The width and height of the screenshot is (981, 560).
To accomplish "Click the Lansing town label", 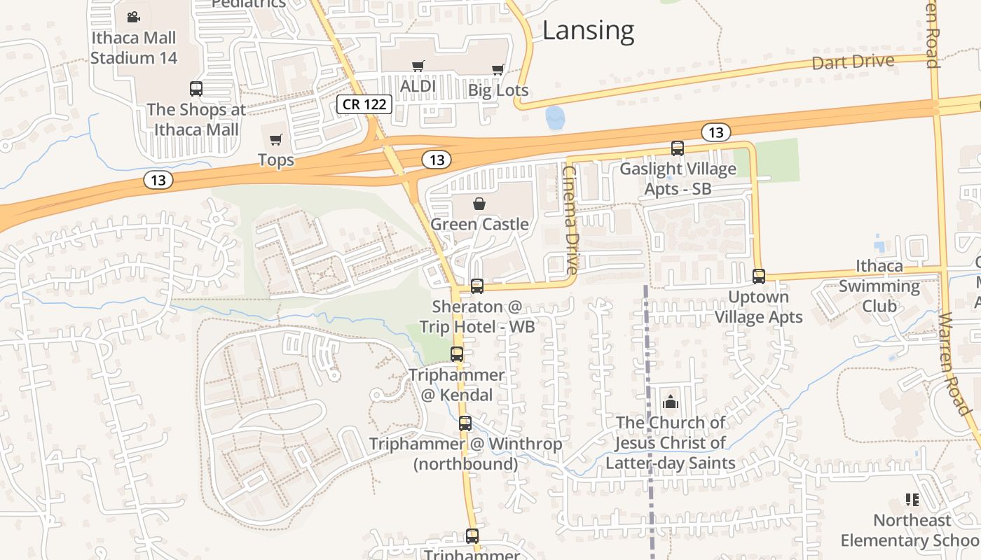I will pos(588,31).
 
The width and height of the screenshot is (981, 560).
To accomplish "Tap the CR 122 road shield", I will pos(364,104).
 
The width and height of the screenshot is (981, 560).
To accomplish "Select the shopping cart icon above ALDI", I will pos(418,66).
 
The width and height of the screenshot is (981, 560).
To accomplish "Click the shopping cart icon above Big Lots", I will pos(498,69).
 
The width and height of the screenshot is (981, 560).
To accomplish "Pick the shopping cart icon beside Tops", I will pos(276,139).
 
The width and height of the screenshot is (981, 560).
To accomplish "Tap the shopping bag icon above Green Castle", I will pos(479,204).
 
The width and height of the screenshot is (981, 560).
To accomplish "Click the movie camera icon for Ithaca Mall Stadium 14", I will pos(133,17).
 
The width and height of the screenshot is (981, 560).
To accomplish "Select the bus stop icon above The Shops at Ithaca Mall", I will pos(196,89).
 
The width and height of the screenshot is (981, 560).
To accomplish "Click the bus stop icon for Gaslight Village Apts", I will pos(678,148).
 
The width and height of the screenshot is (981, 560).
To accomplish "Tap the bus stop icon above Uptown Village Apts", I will pos(759,276).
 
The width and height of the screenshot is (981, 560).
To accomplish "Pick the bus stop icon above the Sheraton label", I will pos(477,286).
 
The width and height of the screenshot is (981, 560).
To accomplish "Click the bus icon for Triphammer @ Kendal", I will pos(457,354).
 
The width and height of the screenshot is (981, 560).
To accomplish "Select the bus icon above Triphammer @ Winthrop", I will pos(465,423).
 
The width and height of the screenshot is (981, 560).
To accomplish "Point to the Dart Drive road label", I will pos(853,62).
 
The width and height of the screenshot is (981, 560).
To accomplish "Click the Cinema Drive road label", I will pos(571,220).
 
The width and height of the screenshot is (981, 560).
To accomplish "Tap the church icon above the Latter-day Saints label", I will pos(671,402).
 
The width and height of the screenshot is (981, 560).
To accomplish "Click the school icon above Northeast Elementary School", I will pos(912,500).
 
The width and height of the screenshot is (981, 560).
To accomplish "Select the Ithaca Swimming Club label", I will pos(879,286).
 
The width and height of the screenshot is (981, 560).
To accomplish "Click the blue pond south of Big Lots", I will pos(554,118).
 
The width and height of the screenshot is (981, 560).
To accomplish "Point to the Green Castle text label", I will pos(479,224).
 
